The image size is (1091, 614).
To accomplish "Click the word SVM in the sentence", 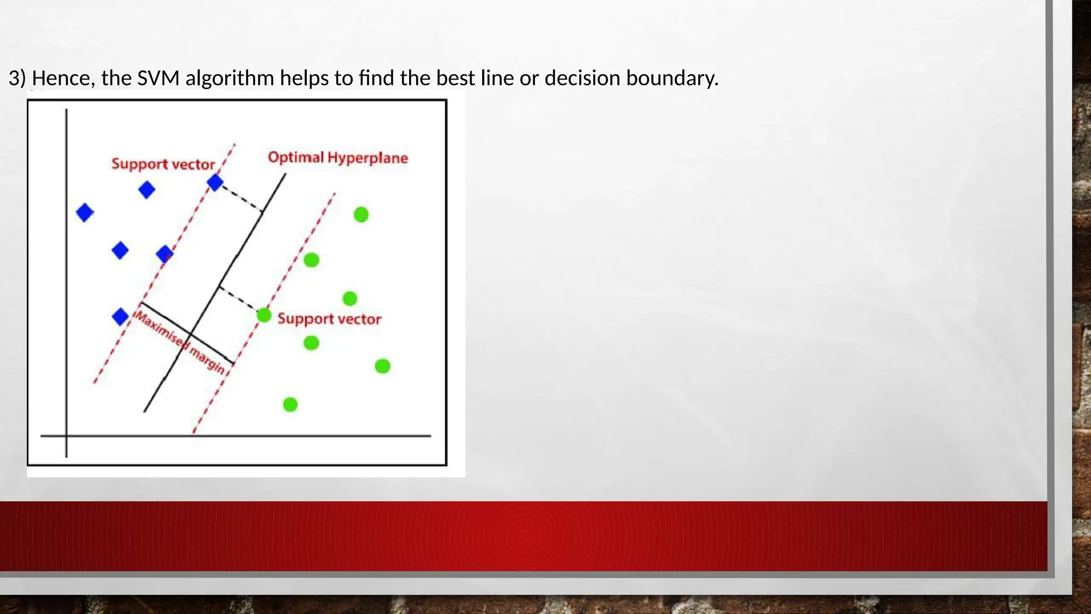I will (158, 78).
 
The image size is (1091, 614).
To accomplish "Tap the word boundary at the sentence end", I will (672, 78).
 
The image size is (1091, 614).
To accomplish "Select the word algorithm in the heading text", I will (229, 78).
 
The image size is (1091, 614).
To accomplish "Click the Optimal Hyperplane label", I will (338, 158).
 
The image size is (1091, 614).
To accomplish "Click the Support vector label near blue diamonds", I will (163, 164).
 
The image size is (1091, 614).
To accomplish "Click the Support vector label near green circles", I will (329, 319).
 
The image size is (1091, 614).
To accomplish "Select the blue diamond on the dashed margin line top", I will (215, 183).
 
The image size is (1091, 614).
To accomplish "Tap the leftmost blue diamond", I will (85, 213).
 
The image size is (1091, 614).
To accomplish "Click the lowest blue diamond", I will (120, 317).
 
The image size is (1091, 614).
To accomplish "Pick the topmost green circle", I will (361, 215).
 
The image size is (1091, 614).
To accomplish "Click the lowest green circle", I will (290, 405).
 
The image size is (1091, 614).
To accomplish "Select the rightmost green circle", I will (382, 366).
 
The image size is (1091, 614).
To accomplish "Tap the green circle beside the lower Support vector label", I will (264, 316).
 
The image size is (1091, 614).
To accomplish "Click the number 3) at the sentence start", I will (17, 78).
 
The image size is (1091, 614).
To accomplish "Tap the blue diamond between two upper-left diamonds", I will (146, 190).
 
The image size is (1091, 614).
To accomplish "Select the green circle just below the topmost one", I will (311, 260).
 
